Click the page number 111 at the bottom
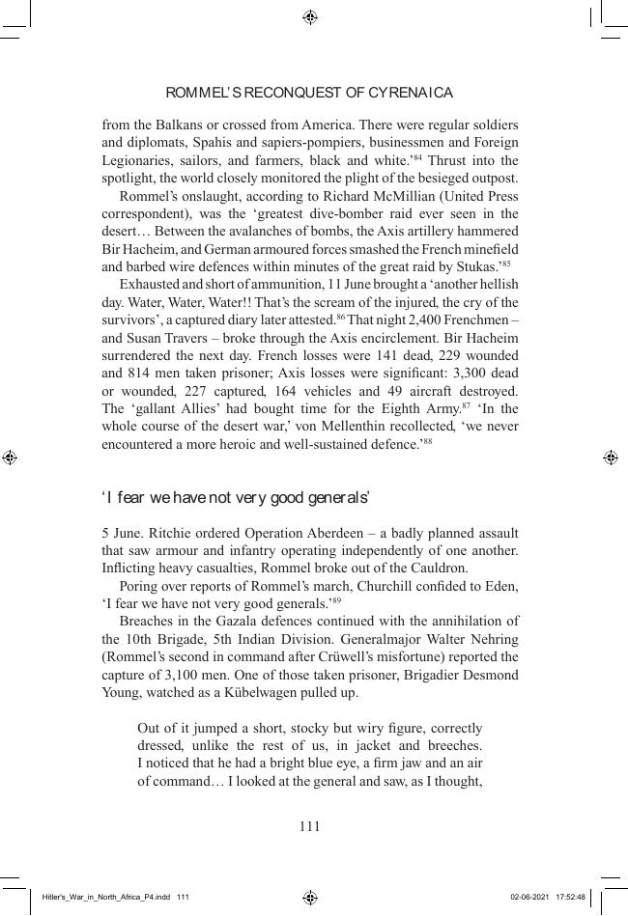pos(309,826)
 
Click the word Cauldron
pos(438,568)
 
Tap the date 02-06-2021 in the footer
pos(529,897)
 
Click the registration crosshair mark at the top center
pos(310,17)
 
